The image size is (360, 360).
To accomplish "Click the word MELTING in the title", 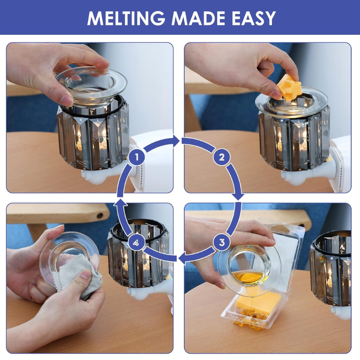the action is [126, 18].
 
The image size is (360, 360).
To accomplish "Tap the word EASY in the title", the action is [253, 18].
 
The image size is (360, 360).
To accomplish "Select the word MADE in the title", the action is [198, 18].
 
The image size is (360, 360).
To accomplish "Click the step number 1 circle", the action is [137, 157].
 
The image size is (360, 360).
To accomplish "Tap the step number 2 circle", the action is [221, 157].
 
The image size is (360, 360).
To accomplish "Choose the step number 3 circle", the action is [221, 243].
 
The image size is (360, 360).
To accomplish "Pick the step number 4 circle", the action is [137, 243].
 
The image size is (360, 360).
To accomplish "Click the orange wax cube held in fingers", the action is [289, 87].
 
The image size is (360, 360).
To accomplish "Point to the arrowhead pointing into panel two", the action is [176, 141].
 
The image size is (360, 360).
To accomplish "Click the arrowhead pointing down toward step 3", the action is [238, 196].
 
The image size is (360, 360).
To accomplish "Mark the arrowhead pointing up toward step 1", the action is [121, 202].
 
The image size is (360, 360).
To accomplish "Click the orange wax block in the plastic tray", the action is [259, 301].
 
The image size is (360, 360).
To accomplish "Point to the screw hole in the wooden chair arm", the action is [99, 216].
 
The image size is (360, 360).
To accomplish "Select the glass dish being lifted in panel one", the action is [91, 85].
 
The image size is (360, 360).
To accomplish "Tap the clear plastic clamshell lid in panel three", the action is [285, 250].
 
